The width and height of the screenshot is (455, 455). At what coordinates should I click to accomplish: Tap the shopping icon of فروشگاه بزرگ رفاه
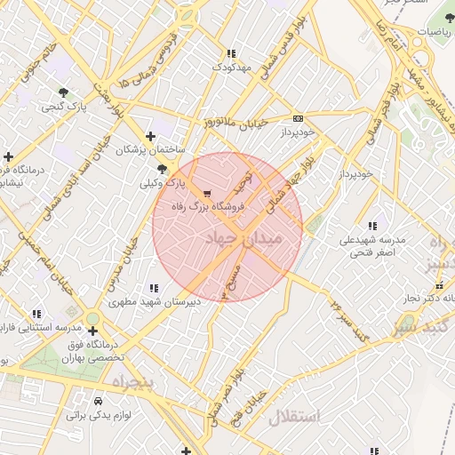pos(208,193)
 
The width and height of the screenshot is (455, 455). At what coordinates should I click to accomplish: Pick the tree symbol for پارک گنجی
pos(62,92)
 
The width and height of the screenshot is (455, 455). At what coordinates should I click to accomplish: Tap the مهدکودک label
pos(233,67)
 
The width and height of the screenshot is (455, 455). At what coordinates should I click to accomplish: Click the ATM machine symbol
pos(298,117)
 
